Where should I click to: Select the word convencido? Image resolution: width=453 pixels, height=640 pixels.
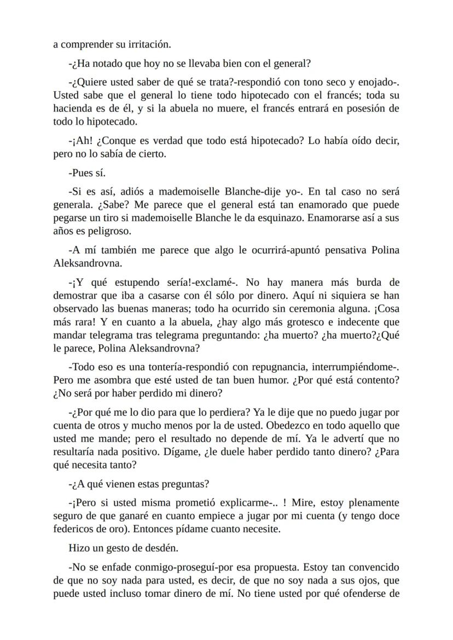373,567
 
